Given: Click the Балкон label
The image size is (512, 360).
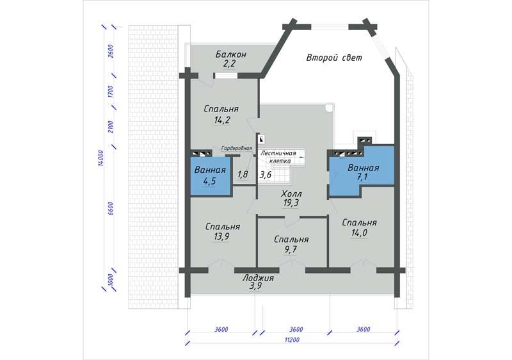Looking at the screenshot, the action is pyautogui.click(x=230, y=54).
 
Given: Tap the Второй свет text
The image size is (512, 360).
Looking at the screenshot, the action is pyautogui.click(x=334, y=58).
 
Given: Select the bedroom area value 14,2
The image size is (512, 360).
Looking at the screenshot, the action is pyautogui.click(x=222, y=120).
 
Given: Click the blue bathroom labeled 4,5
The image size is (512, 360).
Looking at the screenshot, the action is pyautogui.click(x=211, y=177).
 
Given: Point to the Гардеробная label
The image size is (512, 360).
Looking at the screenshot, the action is pyautogui.click(x=237, y=149).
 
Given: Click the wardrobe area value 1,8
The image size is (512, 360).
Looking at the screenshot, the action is pyautogui.click(x=243, y=174).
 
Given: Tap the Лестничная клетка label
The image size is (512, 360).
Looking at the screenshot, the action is pyautogui.click(x=278, y=157).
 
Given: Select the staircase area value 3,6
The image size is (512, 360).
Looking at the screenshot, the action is pyautogui.click(x=265, y=175).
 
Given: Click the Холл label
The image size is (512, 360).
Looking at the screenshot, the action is pyautogui.click(x=291, y=194).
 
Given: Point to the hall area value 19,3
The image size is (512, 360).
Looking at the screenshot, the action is pyautogui.click(x=291, y=203).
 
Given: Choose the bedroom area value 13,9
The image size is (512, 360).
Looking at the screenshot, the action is pyautogui.click(x=221, y=236).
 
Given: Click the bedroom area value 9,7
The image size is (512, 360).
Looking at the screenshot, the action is pyautogui.click(x=291, y=250).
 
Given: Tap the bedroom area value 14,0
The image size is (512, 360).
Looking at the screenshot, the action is pyautogui.click(x=359, y=233).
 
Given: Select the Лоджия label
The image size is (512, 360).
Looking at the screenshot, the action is pyautogui.click(x=258, y=279).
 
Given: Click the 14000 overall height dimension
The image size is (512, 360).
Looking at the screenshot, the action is pyautogui.click(x=100, y=158).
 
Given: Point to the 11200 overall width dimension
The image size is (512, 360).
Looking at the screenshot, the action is pyautogui.click(x=292, y=340).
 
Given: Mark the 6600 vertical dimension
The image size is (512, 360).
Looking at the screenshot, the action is pyautogui.click(x=110, y=208).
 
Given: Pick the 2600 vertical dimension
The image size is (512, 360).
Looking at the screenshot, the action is pyautogui.click(x=110, y=51).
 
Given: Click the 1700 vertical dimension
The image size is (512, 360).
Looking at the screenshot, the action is pyautogui.click(x=110, y=92).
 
